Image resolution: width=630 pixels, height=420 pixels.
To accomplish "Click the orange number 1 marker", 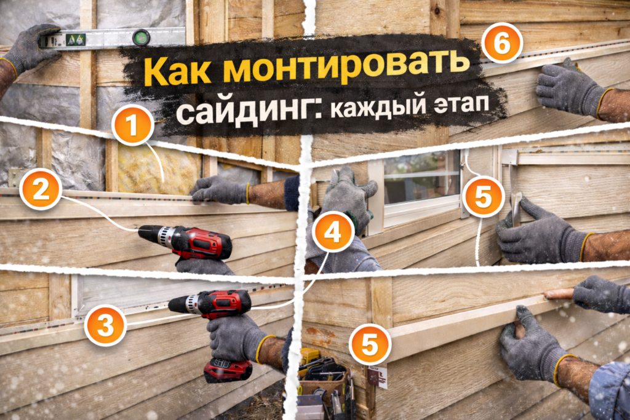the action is pyautogui.click(x=133, y=125).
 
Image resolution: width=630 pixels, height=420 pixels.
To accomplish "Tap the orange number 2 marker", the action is pyautogui.click(x=41, y=189).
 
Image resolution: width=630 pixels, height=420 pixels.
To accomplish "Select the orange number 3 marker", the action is pyautogui.click(x=106, y=325).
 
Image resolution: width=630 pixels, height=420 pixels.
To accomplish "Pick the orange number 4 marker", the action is pyautogui.click(x=333, y=231).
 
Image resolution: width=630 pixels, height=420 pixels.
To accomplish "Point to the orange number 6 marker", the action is pyautogui.click(x=502, y=43).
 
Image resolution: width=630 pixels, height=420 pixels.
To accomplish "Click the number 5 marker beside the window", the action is pyautogui.click(x=483, y=197).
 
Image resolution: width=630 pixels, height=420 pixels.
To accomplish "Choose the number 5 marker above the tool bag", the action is pyautogui.click(x=370, y=344).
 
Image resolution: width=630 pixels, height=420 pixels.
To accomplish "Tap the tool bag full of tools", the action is pyautogui.click(x=325, y=384).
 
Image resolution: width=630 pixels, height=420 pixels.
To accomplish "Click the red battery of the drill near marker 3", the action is pyautogui.click(x=228, y=370).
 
